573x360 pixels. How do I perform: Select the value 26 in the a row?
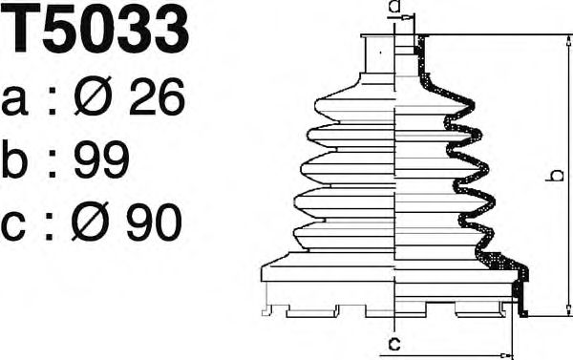coord(157,96)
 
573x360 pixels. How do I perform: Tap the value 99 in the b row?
coord(101,159)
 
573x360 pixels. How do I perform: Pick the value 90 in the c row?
coord(154,222)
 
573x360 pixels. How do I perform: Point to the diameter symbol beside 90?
coord(90,222)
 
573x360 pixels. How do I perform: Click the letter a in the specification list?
coord(15,101)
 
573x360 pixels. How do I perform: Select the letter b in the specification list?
coord(14,159)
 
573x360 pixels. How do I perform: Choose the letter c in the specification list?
coord(13,226)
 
